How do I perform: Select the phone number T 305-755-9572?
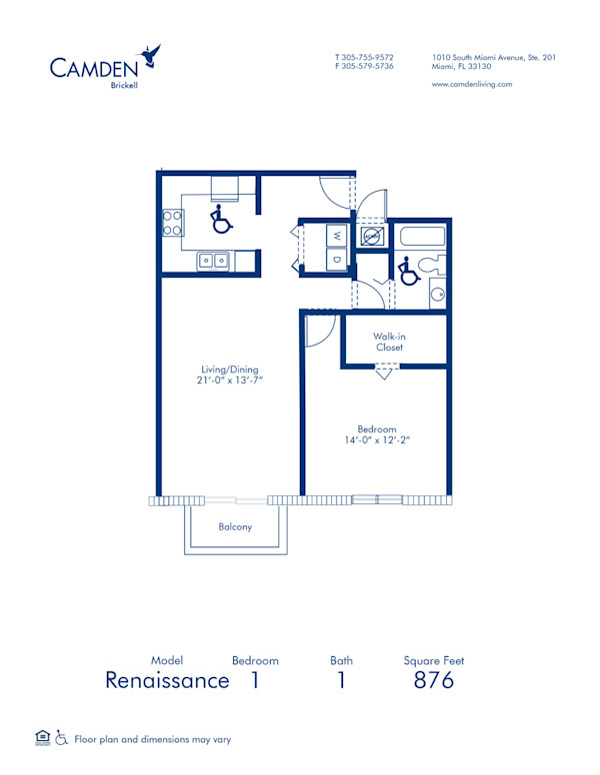point(364,57)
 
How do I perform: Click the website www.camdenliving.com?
point(472,85)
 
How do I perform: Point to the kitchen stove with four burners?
point(171,221)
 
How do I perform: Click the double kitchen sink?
point(213,261)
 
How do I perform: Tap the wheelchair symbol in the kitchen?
point(218,219)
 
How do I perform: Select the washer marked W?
point(337,237)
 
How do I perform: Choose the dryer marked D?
point(337,261)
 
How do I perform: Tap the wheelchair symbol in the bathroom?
point(406,270)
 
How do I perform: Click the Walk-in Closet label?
point(389,343)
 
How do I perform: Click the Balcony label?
point(235,526)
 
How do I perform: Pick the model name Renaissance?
point(167,681)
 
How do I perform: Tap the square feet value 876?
point(433,681)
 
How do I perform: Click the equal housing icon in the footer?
point(42,738)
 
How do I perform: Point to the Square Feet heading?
point(433,660)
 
